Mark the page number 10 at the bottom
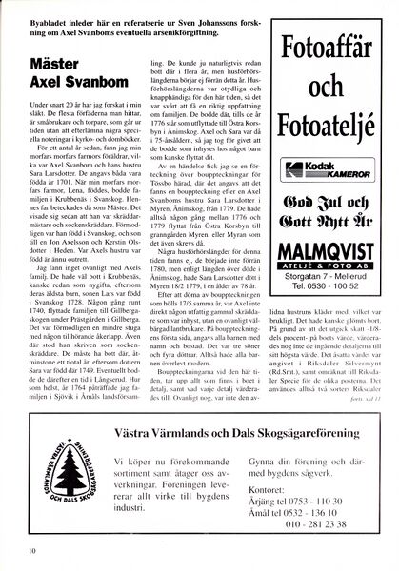click(x=32, y=549)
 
